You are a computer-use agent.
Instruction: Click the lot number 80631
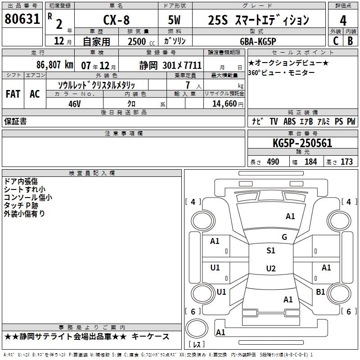pos(22,20)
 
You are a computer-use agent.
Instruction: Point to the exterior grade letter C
pos(336,40)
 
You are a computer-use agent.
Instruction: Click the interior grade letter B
pos(351,40)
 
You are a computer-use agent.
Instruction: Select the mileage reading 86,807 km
pos(55,65)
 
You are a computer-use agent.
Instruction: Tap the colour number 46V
pos(74,103)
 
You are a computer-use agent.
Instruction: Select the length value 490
pos(273,162)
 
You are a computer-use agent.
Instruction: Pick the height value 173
pos(346,162)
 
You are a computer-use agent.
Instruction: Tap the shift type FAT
pos(13,94)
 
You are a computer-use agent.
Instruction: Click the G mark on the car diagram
pos(284,237)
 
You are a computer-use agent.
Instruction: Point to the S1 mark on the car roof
pos(271,251)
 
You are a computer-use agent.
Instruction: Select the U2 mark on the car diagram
pos(271,269)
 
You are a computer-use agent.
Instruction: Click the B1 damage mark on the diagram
pos(320,292)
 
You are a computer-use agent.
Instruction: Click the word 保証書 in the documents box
pos(15,121)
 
